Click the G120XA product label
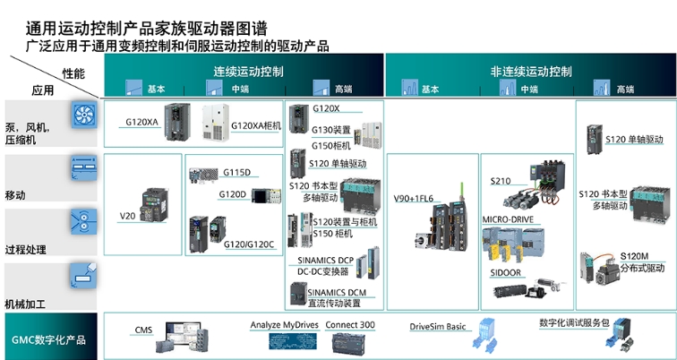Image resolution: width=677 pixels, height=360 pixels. [x=142, y=123]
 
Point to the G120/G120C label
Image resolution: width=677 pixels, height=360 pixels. [x=248, y=244]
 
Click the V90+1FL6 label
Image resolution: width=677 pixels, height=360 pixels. [x=413, y=199]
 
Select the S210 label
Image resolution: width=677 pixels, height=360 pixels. [x=501, y=181]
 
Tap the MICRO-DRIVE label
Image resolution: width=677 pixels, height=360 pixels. [x=509, y=219]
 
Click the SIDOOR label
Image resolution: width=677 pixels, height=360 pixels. [x=506, y=272]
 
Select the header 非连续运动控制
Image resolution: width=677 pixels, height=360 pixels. [x=530, y=71]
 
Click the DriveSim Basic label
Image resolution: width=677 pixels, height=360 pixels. [x=439, y=327]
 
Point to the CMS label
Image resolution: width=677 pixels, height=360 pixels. [x=143, y=330]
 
